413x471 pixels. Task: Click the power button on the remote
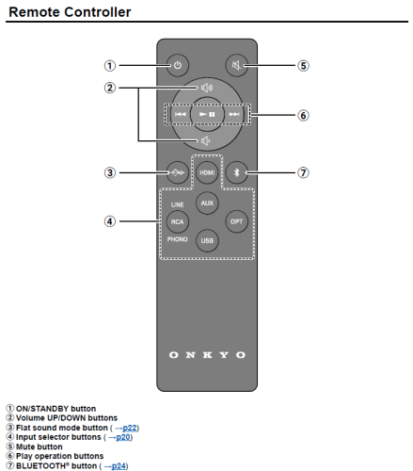pyautogui.click(x=177, y=66)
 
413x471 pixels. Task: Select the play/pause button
pyautogui.click(x=207, y=114)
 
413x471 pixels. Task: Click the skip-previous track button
pyautogui.click(x=179, y=114)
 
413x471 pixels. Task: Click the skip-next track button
pyautogui.click(x=234, y=114)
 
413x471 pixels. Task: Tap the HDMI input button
pyautogui.click(x=207, y=172)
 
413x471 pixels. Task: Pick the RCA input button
pyautogui.click(x=177, y=222)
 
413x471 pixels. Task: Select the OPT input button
pyautogui.click(x=237, y=222)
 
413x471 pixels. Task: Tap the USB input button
pyautogui.click(x=207, y=242)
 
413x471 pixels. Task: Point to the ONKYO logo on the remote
pyautogui.click(x=207, y=355)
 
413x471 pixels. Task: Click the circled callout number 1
pyautogui.click(x=110, y=66)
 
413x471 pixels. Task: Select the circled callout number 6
pyautogui.click(x=303, y=116)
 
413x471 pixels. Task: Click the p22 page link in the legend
pyautogui.click(x=127, y=428)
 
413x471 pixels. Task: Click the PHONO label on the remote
pyautogui.click(x=177, y=240)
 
